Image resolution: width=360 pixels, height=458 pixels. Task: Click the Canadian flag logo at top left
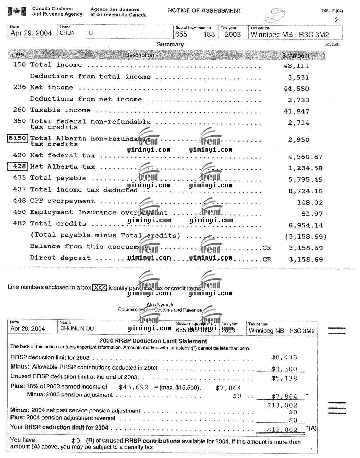click(16, 12)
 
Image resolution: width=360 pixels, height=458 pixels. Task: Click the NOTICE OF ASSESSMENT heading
click(205, 10)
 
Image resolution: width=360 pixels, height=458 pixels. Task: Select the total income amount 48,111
click(296, 66)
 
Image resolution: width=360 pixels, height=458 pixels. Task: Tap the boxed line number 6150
click(17, 138)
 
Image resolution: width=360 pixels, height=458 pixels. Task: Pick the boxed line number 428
click(17, 166)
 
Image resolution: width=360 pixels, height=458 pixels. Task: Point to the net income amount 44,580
click(296, 89)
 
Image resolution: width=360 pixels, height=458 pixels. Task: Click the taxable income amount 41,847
click(296, 111)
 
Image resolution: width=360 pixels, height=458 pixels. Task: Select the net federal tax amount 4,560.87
click(305, 157)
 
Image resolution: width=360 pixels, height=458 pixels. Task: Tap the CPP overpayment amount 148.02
click(310, 202)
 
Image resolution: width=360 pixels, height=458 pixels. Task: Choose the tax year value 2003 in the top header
click(233, 34)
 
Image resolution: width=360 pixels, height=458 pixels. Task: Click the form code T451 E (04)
click(332, 11)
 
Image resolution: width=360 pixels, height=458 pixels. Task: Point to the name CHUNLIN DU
click(72, 328)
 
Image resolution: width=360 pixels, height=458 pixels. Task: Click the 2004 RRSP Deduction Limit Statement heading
click(153, 341)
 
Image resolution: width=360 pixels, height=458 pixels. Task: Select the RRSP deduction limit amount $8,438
click(284, 357)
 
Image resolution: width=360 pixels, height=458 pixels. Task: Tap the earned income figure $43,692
click(133, 387)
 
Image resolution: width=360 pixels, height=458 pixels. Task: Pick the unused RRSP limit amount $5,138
click(284, 378)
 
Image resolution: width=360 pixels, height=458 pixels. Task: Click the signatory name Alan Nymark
click(160, 304)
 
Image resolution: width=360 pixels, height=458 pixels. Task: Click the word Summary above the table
click(170, 44)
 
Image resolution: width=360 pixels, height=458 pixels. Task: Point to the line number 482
click(19, 223)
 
